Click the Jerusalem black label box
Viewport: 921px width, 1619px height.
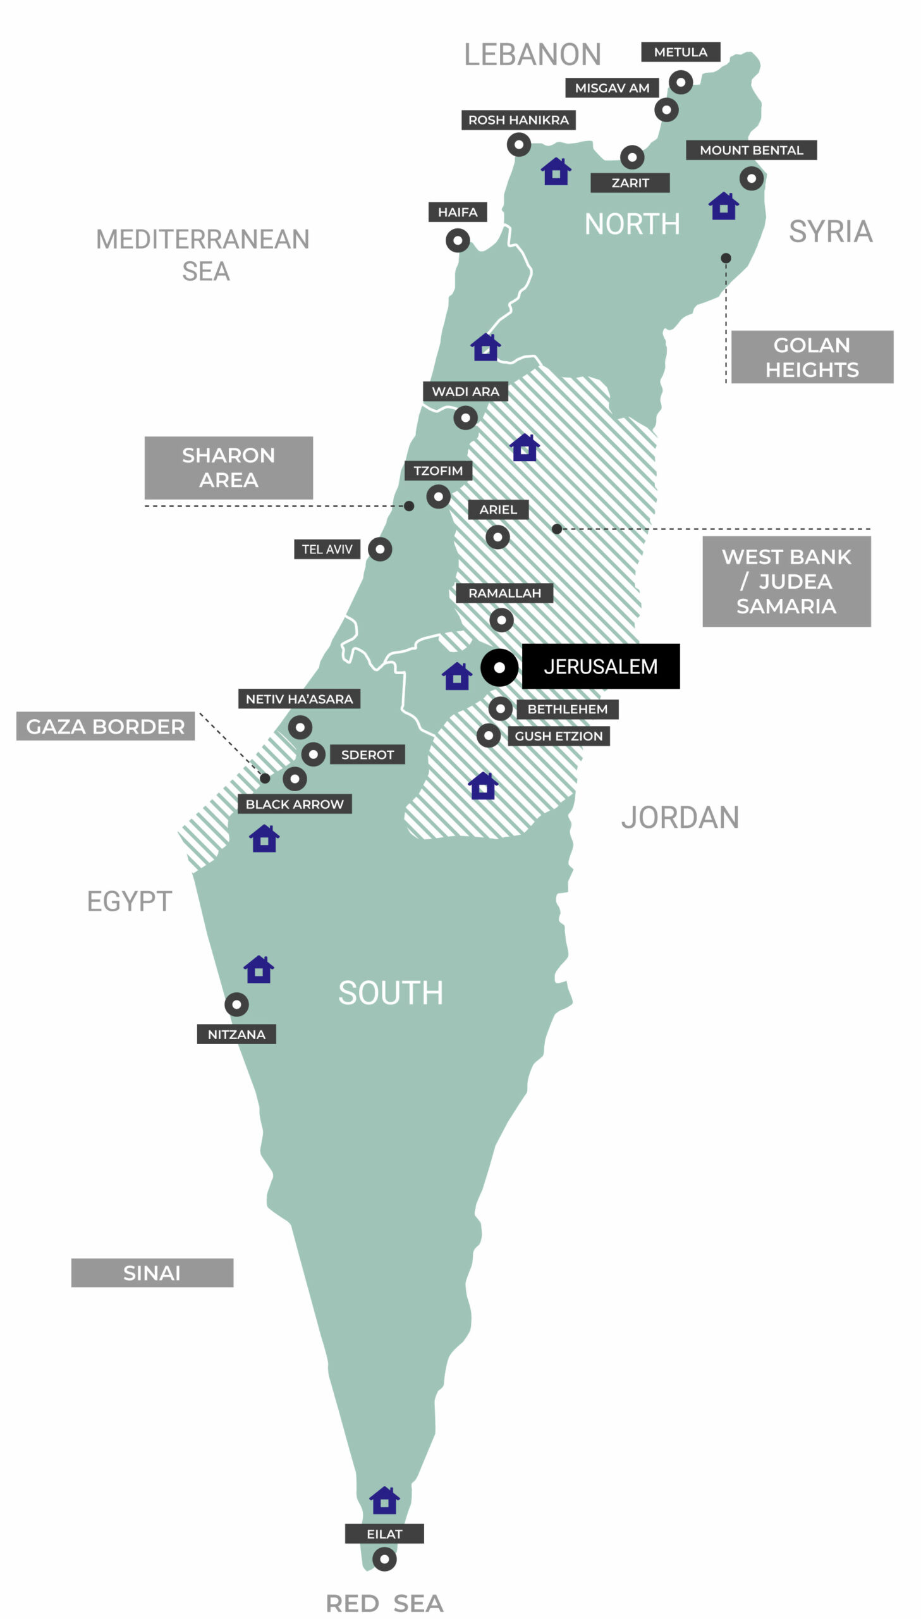tap(601, 666)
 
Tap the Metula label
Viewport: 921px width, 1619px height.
tap(681, 52)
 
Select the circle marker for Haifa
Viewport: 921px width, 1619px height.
tap(457, 240)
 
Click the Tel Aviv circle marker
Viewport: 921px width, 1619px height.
tap(379, 549)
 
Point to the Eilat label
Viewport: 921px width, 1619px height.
tap(384, 1534)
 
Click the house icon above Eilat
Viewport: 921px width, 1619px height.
tap(384, 1500)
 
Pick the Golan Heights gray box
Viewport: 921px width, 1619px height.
tap(812, 357)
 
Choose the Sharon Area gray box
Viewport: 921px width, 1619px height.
tap(228, 467)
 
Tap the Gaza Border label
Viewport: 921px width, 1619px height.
tap(105, 726)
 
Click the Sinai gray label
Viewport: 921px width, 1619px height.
tap(152, 1272)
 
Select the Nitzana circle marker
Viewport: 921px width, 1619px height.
tap(236, 1004)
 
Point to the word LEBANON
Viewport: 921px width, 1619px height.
tap(532, 54)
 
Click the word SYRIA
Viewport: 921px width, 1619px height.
tap(830, 231)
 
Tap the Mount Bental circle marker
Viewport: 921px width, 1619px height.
tap(752, 178)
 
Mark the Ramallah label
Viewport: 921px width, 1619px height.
tap(504, 593)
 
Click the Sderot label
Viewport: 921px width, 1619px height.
tap(367, 754)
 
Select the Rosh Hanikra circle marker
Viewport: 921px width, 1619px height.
tap(519, 145)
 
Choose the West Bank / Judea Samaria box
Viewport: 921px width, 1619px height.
tap(786, 581)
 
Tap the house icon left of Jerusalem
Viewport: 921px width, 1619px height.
tap(456, 676)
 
